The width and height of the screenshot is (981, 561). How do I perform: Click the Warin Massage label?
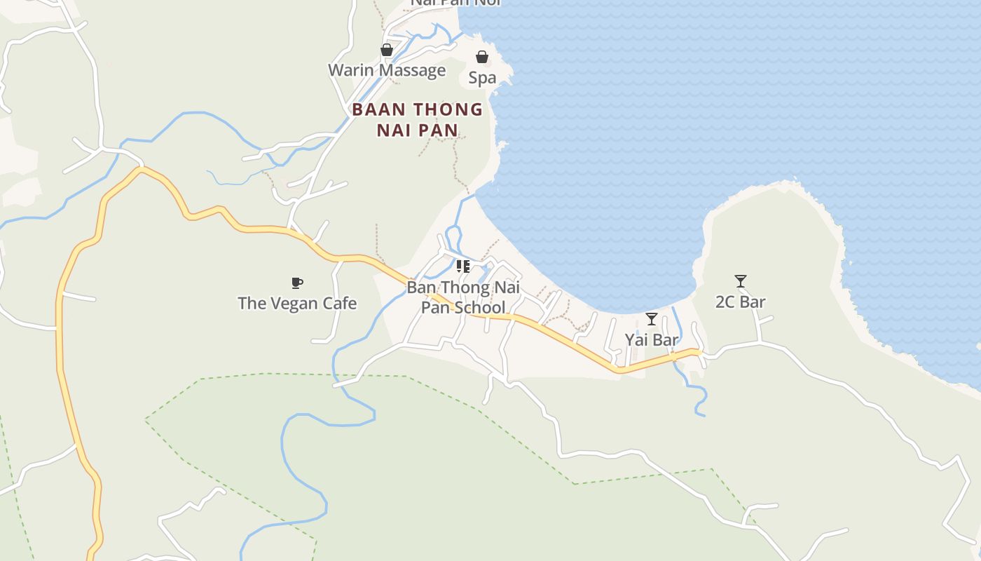click(387, 70)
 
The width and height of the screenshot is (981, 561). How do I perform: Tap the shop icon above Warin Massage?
click(386, 50)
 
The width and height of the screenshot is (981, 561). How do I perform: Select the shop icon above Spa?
click(482, 57)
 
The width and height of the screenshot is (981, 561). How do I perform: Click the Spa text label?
click(482, 78)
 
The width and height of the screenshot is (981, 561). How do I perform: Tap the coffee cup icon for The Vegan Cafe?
click(297, 283)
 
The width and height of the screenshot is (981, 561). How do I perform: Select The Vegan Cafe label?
click(297, 304)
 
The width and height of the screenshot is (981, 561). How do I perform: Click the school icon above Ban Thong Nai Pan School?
click(462, 266)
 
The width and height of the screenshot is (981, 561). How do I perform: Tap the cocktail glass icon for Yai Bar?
click(652, 319)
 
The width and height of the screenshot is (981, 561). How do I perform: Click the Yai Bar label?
click(652, 340)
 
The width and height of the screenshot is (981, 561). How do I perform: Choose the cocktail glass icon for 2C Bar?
click(741, 281)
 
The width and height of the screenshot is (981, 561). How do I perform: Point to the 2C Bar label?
click(741, 302)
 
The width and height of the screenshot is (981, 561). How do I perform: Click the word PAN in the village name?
click(442, 130)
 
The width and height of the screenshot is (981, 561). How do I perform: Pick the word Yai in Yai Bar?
click(636, 340)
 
